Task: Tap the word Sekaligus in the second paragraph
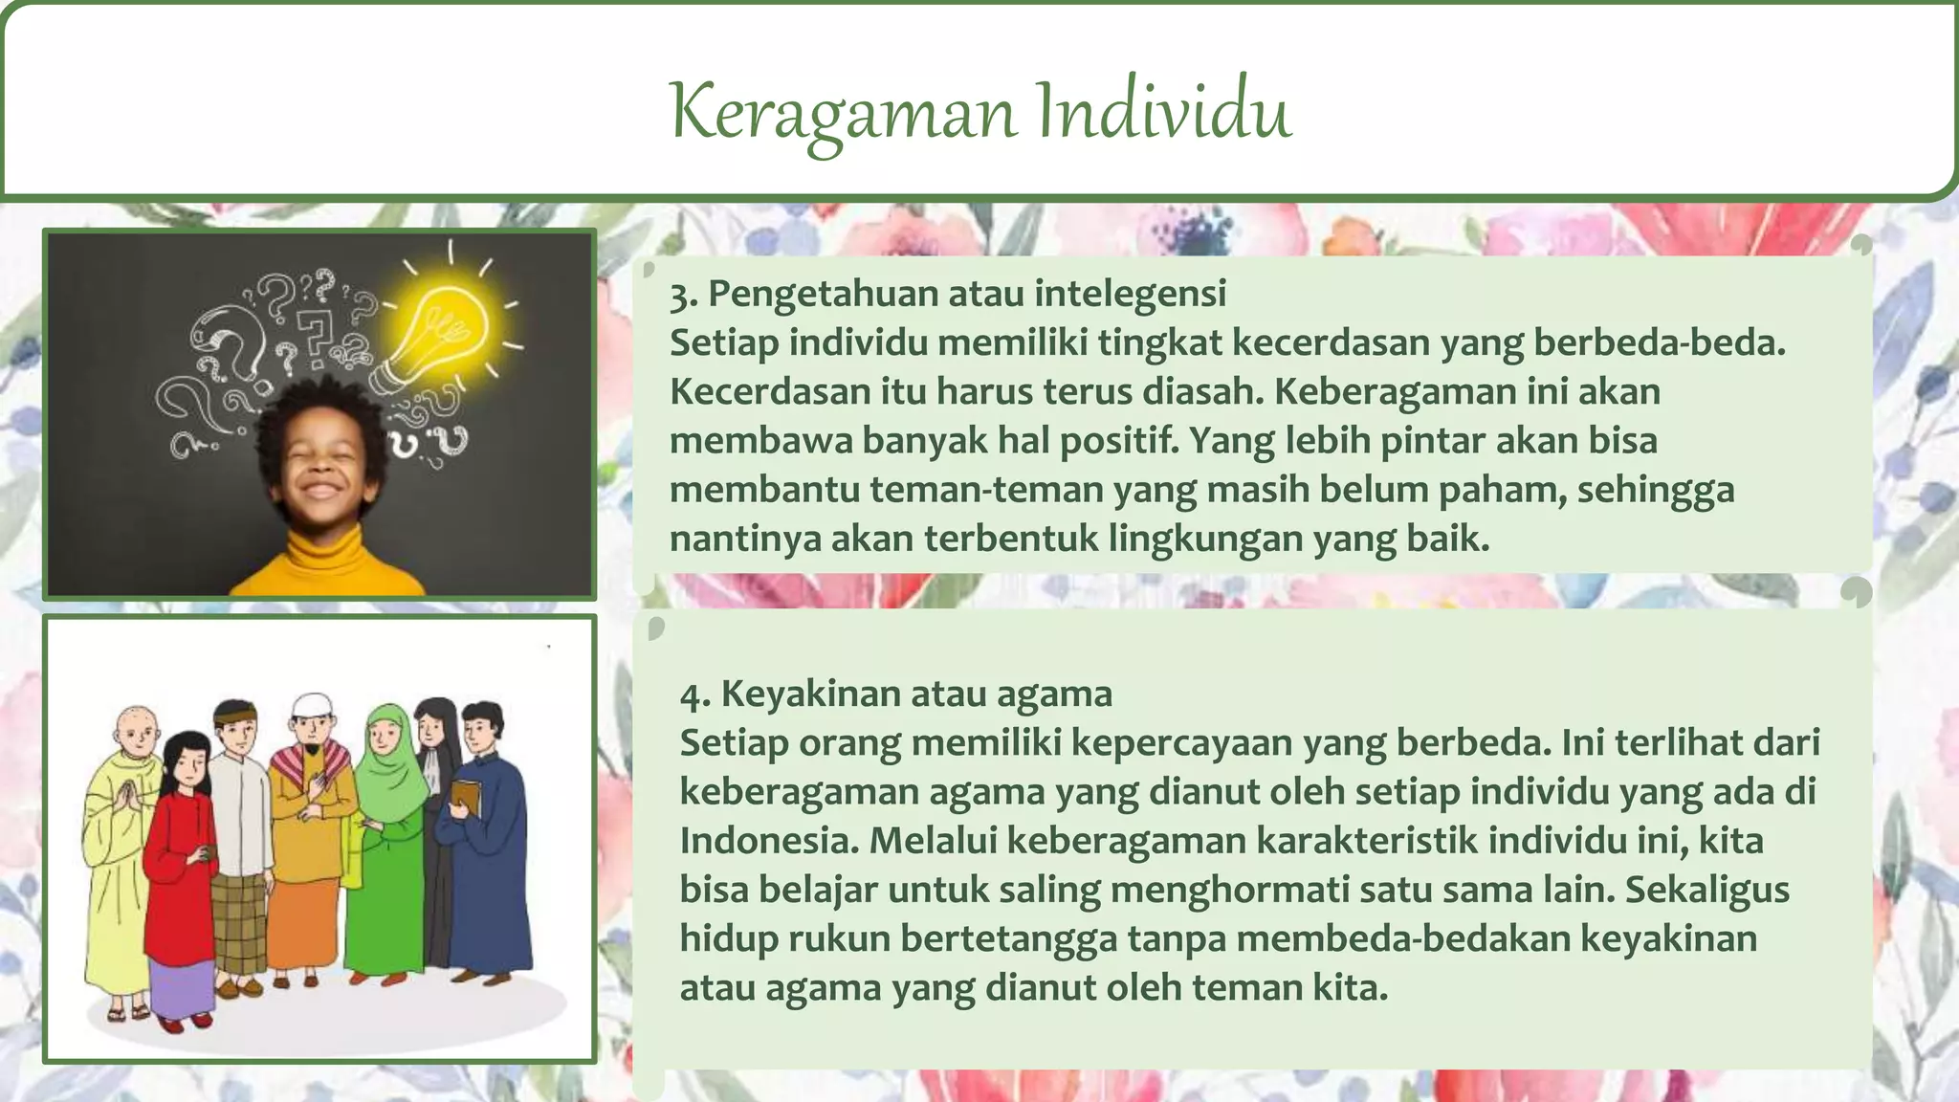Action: pos(1706,890)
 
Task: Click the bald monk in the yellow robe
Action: pos(122,842)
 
